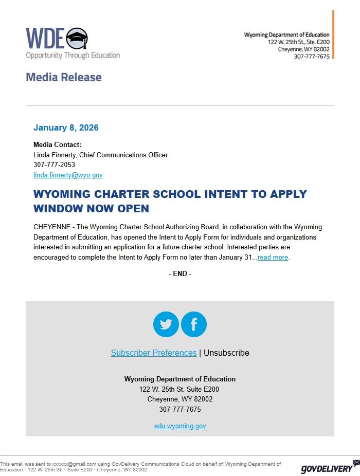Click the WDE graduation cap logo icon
click(x=77, y=38)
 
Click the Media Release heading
click(x=64, y=78)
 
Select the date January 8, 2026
click(x=66, y=127)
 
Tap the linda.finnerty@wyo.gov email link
click(x=68, y=175)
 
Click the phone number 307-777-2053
click(x=54, y=165)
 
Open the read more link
click(x=273, y=258)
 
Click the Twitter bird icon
click(x=166, y=324)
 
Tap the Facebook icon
click(x=194, y=324)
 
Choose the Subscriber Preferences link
click(x=154, y=353)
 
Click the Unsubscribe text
click(x=226, y=353)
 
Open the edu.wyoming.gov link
click(x=180, y=426)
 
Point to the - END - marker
click(x=180, y=274)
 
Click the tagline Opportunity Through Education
click(x=73, y=55)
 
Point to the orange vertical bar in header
click(x=333, y=34)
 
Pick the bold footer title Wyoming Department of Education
click(x=180, y=379)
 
